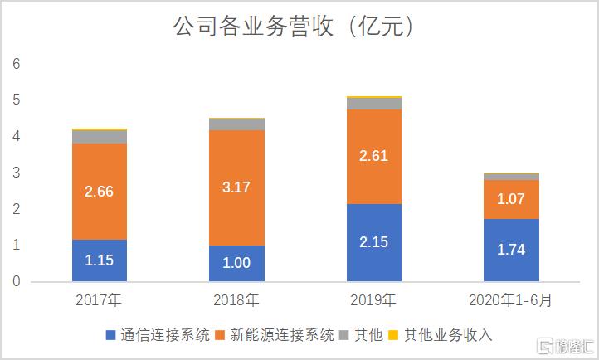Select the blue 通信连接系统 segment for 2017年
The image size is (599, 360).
pyautogui.click(x=99, y=260)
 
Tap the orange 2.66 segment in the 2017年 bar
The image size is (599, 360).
pyautogui.click(x=99, y=192)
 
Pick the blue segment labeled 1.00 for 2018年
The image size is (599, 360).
pyautogui.click(x=236, y=264)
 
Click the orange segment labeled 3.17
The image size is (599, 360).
pyautogui.click(x=236, y=187)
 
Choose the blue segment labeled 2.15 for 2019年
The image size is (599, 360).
pyautogui.click(x=374, y=242)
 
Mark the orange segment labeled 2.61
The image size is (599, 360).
pyautogui.click(x=374, y=157)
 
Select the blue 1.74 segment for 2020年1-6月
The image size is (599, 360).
pyautogui.click(x=512, y=250)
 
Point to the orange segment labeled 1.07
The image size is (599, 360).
pyautogui.click(x=512, y=199)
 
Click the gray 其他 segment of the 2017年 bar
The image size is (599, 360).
pyautogui.click(x=99, y=137)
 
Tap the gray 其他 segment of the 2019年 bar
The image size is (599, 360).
pyautogui.click(x=374, y=104)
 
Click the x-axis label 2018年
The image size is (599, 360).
pyautogui.click(x=236, y=299)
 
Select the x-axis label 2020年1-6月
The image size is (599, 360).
pyautogui.click(x=512, y=299)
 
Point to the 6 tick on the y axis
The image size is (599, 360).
pyautogui.click(x=15, y=64)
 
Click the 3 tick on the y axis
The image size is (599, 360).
pyautogui.click(x=15, y=173)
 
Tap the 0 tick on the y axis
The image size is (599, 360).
pyautogui.click(x=15, y=282)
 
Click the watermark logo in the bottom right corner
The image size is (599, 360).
pyautogui.click(x=564, y=344)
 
